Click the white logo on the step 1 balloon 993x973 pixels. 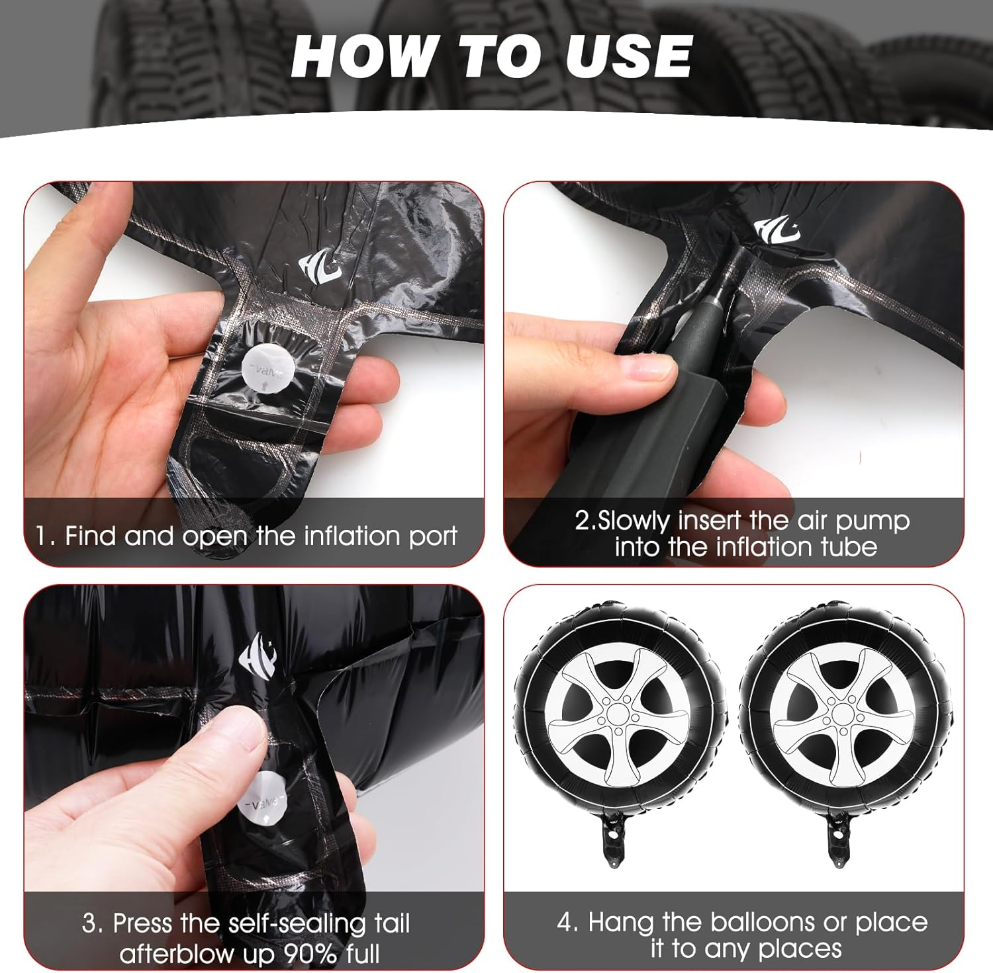pyautogui.click(x=320, y=267)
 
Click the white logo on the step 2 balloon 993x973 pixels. pyautogui.click(x=776, y=229)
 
